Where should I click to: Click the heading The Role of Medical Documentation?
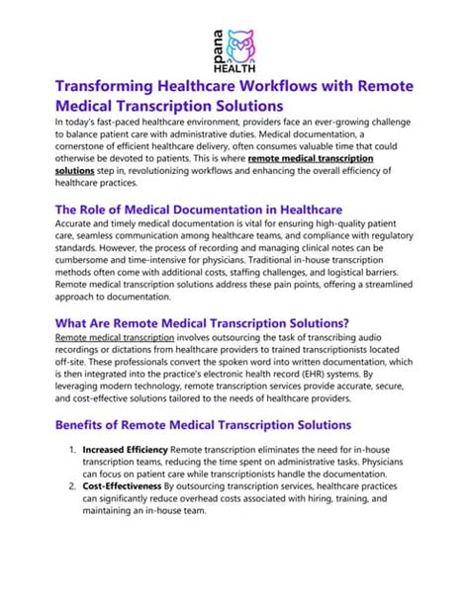[x=198, y=210]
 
